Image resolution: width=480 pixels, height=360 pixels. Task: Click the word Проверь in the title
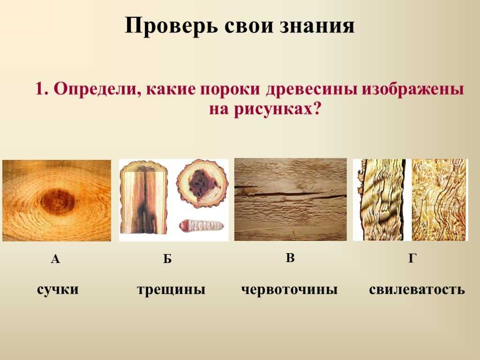[x=172, y=26]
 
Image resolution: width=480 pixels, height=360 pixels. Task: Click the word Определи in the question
[x=97, y=90]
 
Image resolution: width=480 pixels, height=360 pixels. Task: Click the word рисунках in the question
[x=274, y=109]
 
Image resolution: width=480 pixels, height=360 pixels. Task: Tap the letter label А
[x=55, y=259]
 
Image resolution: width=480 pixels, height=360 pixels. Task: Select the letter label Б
[x=167, y=259]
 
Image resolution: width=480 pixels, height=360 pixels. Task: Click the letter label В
[x=290, y=258]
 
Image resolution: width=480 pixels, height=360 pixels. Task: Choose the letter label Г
[x=412, y=259]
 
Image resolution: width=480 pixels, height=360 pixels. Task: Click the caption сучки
[x=58, y=290]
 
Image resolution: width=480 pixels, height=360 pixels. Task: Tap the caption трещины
[x=171, y=290]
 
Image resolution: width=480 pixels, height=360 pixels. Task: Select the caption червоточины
[x=289, y=290]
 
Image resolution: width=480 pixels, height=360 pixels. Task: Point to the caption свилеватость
[x=417, y=290]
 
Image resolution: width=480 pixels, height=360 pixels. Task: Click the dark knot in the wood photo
[x=58, y=201]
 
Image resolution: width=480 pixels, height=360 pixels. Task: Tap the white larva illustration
[x=201, y=226]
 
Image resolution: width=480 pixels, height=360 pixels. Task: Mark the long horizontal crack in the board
[x=291, y=194]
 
